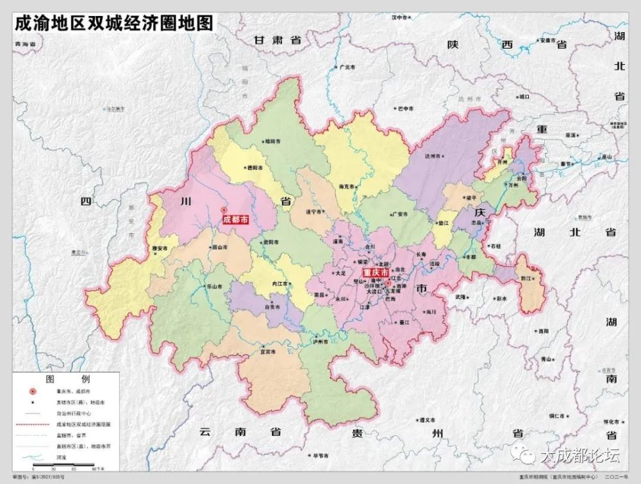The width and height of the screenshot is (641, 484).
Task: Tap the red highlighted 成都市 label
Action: point(234,219)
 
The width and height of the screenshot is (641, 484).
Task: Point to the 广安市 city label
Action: point(401,214)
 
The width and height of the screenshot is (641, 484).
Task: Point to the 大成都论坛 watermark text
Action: point(580,456)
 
